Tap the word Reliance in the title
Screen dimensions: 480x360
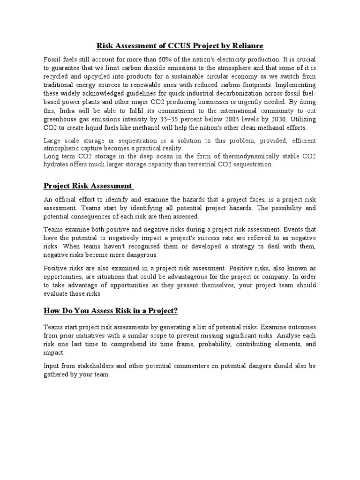tap(247, 45)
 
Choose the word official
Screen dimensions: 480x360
tap(68, 200)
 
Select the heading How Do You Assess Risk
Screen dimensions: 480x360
tap(111, 311)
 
